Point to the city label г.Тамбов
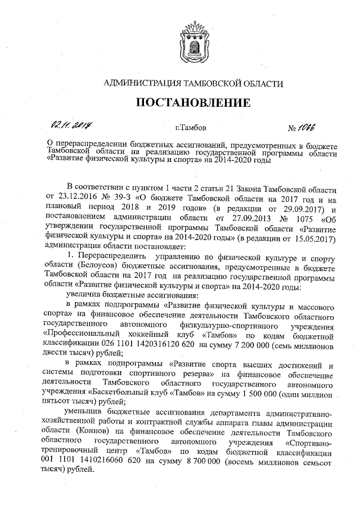pos(191,128)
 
